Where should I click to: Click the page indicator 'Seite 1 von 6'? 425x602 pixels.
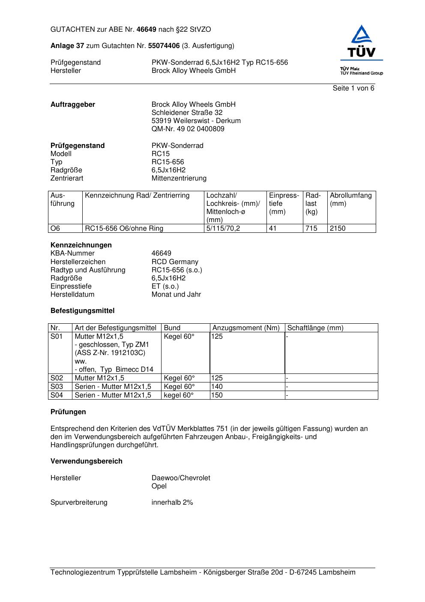click(353, 88)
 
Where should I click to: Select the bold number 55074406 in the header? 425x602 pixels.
click(164, 46)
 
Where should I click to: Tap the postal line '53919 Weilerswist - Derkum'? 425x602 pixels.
click(196, 121)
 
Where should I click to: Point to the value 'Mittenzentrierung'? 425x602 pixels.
click(179, 178)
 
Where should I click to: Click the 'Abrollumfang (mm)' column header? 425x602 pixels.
click(350, 199)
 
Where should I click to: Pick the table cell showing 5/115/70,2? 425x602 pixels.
click(223, 229)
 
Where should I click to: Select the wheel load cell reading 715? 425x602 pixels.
click(311, 229)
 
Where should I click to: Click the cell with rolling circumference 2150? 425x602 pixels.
click(338, 229)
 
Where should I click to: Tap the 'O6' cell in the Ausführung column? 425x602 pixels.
click(56, 229)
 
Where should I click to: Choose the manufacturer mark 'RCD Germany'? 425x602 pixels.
click(175, 262)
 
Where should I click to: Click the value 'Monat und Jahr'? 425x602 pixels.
click(176, 295)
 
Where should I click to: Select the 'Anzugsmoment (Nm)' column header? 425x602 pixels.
click(246, 328)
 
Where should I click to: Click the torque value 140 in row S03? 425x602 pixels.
click(217, 387)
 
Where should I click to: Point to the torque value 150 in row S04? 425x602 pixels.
click(217, 395)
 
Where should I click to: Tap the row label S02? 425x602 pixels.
click(57, 378)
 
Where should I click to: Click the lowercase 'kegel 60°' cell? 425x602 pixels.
click(179, 395)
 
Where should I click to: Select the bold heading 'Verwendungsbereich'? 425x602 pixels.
click(87, 461)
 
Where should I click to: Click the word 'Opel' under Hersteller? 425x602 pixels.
click(159, 486)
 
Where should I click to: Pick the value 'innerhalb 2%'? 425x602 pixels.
click(172, 503)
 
